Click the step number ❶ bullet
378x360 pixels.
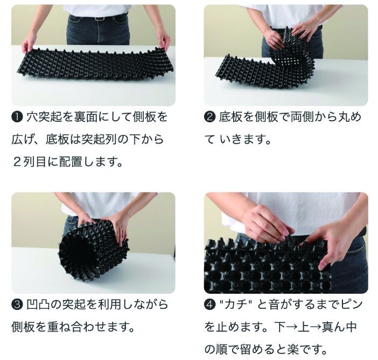pyautogui.click(x=17, y=117)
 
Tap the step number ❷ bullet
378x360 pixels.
pyautogui.click(x=209, y=117)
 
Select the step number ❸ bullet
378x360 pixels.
pyautogui.click(x=17, y=304)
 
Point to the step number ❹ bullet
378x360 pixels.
pyautogui.click(x=209, y=304)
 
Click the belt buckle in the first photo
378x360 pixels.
pyautogui.click(x=99, y=18)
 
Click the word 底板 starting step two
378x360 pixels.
pyautogui.click(x=230, y=117)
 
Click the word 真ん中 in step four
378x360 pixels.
pyautogui.click(x=339, y=327)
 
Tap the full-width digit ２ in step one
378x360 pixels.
pyautogui.click(x=18, y=162)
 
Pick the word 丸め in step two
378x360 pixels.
pyautogui.click(x=349, y=117)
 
